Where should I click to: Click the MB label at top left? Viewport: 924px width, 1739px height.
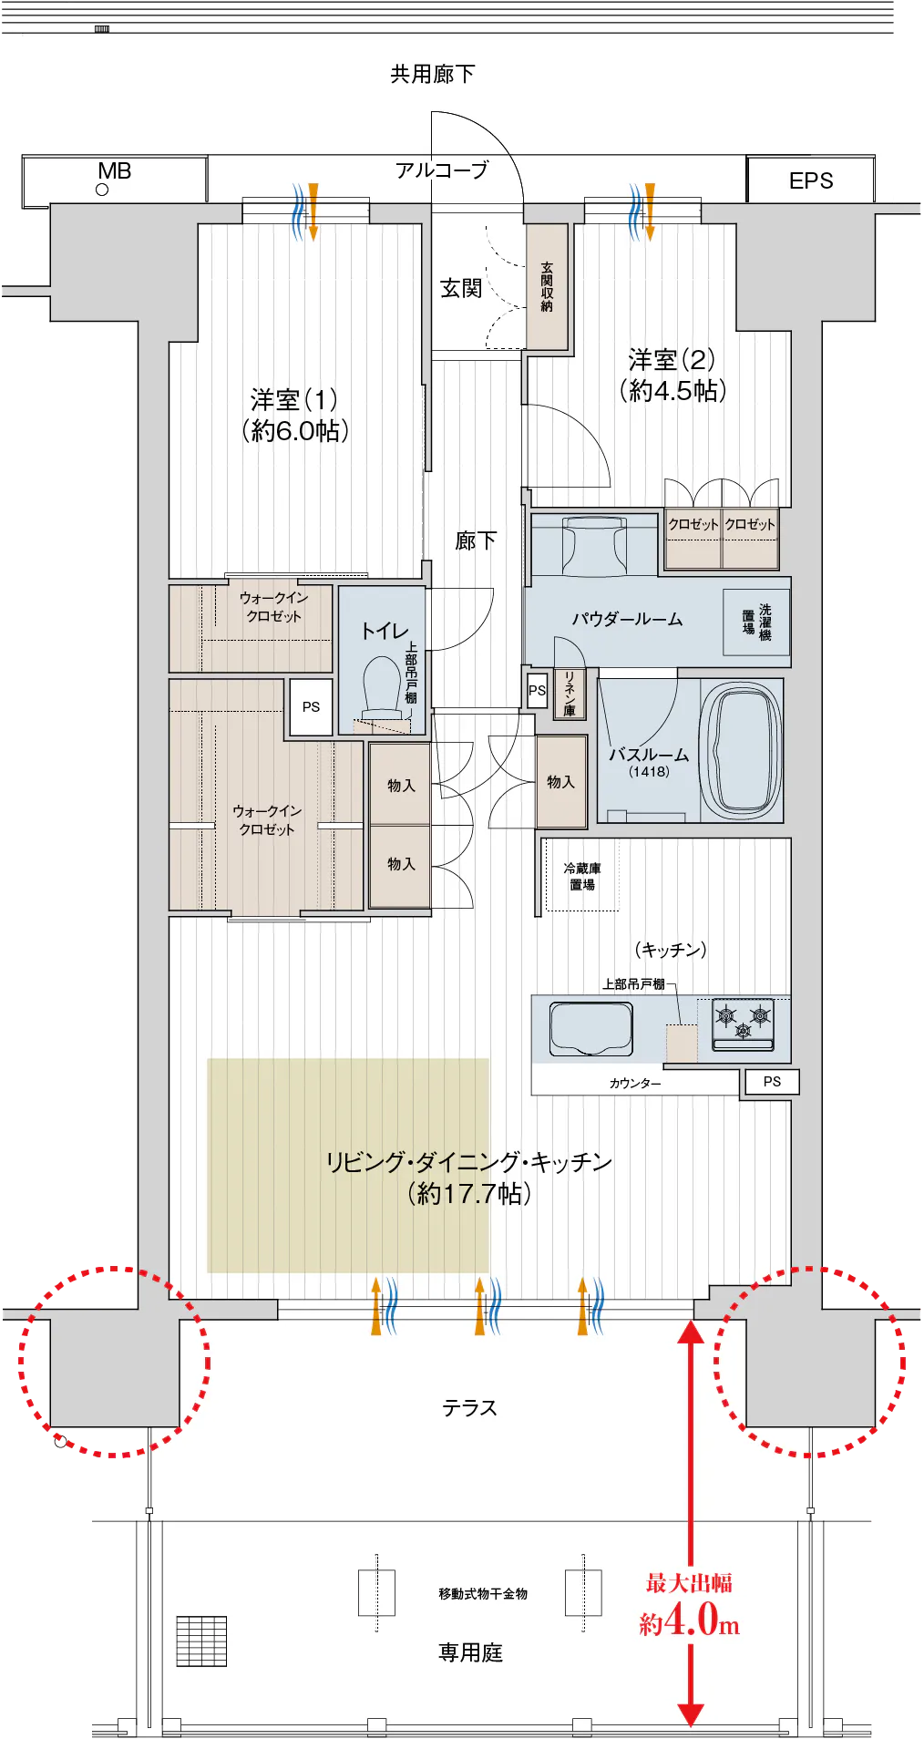coord(115,171)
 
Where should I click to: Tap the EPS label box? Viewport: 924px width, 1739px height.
coord(811,180)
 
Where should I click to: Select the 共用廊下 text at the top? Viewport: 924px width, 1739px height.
coord(433,74)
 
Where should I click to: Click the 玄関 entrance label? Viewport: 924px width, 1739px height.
coord(461,289)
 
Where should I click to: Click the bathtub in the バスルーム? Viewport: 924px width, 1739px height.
coord(741,750)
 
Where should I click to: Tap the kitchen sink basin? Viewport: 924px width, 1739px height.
coord(591,1028)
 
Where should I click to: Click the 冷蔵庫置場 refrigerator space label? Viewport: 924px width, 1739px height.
coord(582,876)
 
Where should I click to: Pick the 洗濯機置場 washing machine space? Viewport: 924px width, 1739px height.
coord(756,623)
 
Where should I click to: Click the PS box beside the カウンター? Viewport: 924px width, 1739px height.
coord(773,1082)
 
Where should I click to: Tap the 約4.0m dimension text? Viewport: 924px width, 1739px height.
coord(689,1623)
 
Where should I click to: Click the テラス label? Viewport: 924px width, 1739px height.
coord(470,1408)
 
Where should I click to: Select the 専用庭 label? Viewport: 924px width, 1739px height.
coord(470,1652)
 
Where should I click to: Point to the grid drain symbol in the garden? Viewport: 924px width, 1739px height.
coord(201,1641)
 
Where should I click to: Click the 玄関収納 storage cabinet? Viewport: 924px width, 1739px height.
coord(547,286)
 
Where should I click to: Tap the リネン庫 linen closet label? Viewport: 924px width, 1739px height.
coord(570,694)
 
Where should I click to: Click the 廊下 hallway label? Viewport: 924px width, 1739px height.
coord(476,541)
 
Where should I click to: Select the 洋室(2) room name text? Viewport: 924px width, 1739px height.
coord(672,359)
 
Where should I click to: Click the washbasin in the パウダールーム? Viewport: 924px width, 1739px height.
coord(595,544)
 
